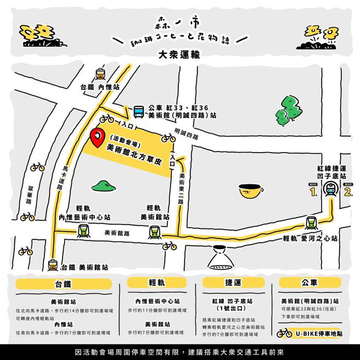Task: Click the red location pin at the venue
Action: click(97, 137)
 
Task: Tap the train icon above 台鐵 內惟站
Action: click(100, 74)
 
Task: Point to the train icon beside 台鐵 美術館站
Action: click(53, 265)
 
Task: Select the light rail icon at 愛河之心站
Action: click(311, 223)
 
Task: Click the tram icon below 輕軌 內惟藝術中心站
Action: click(83, 231)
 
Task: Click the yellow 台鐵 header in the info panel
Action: click(64, 283)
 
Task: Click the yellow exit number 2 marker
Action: click(347, 192)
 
